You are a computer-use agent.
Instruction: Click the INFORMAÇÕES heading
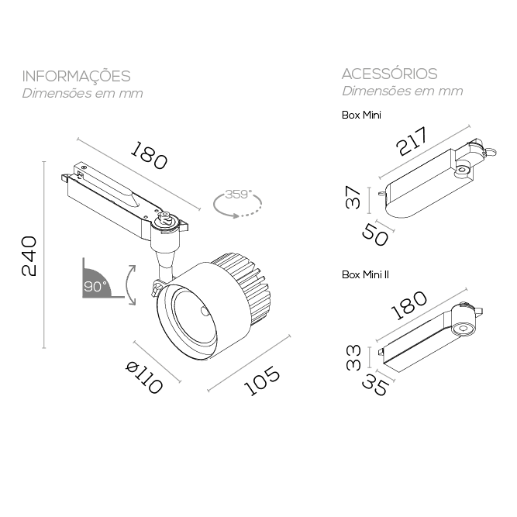pos(76,76)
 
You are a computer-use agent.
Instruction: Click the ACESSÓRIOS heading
pos(389,74)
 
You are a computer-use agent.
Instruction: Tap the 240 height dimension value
pos(29,256)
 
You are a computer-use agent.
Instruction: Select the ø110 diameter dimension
pos(145,377)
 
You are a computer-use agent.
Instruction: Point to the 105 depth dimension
pos(262,381)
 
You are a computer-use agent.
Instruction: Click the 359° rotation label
pos(239,195)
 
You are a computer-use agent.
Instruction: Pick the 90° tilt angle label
pos(95,286)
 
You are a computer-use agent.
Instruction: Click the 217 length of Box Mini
pos(412,141)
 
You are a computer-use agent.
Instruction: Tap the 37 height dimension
pos(353,197)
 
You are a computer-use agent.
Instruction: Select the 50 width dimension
pos(375,234)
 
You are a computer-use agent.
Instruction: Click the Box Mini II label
pos(365,274)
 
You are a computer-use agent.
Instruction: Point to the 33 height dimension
pos(353,358)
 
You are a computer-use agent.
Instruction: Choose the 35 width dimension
pos(375,386)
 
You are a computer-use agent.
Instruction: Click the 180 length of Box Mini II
pos(408,305)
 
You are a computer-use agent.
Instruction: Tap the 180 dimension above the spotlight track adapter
pos(149,155)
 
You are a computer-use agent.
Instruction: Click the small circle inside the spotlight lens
pos(205,312)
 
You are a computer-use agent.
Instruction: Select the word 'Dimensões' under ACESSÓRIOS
pos(375,91)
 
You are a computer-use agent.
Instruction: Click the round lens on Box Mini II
pos(462,329)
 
